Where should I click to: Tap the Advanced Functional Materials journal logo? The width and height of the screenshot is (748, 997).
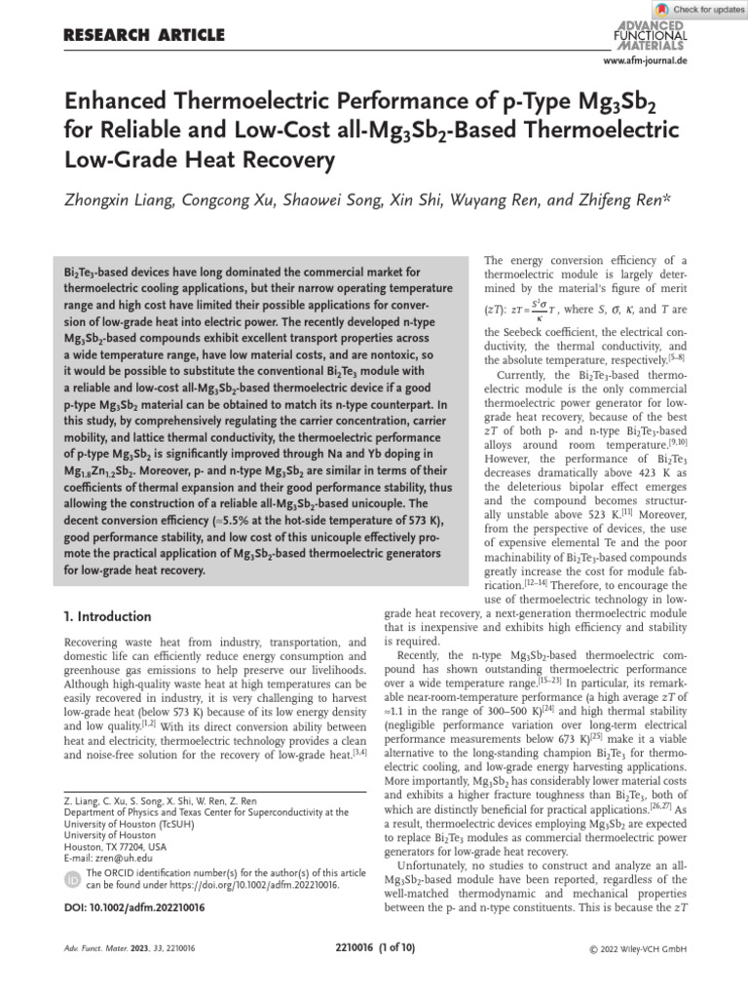pos(651,34)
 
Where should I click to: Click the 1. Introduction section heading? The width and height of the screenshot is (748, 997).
pos(107,616)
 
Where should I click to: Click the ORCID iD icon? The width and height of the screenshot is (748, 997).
pos(71,880)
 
